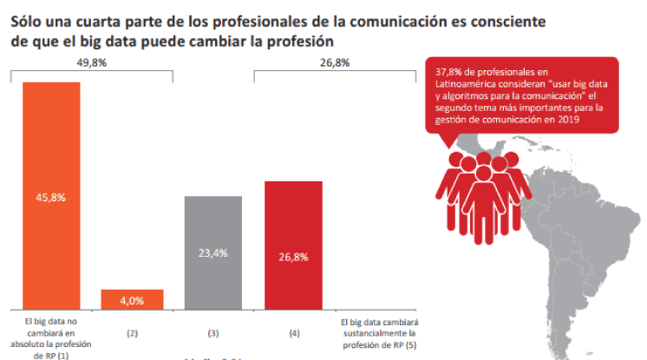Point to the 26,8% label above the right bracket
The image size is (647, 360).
[334, 62]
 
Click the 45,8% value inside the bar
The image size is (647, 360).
[51, 197]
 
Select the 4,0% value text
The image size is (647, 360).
[132, 300]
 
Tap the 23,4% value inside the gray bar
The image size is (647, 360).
[212, 253]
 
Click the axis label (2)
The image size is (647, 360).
[132, 332]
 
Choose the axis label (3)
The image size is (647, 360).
[212, 332]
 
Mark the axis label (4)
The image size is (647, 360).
[293, 332]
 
